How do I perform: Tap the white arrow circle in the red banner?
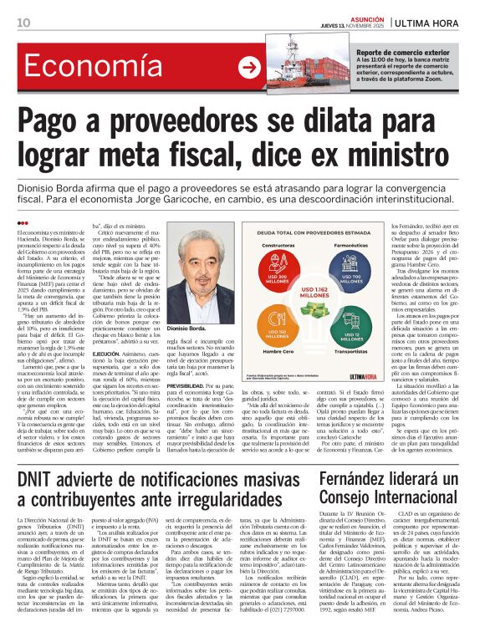click(248, 68)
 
